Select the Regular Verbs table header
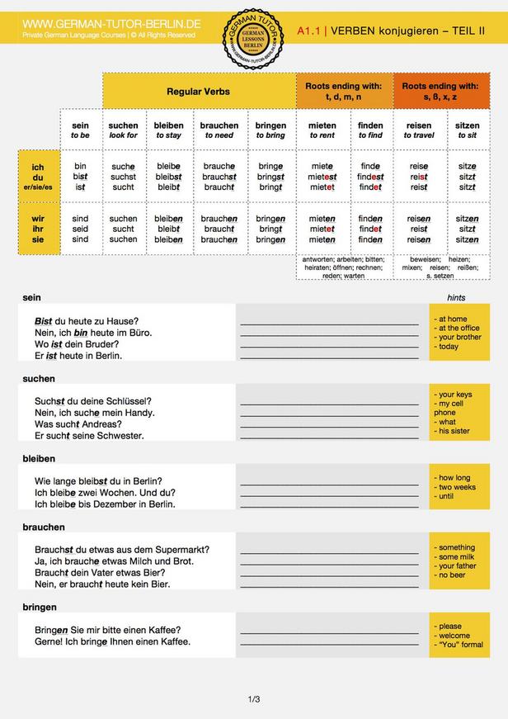(x=198, y=91)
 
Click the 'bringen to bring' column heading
(x=270, y=130)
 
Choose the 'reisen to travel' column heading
(x=419, y=130)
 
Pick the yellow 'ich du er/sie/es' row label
(x=38, y=177)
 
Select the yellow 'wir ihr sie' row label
(x=38, y=229)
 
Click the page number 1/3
(x=254, y=700)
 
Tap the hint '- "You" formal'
(x=459, y=645)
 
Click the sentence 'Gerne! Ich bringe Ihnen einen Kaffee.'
(x=112, y=641)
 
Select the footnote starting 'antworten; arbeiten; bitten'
(x=344, y=267)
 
